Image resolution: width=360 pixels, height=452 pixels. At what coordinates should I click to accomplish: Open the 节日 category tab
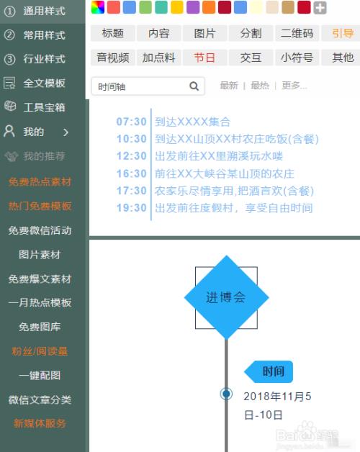204,58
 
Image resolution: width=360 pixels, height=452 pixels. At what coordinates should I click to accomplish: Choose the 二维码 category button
297,33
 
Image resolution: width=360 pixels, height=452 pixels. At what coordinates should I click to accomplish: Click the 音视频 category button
113,58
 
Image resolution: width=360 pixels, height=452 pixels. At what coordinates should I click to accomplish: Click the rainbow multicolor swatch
98,7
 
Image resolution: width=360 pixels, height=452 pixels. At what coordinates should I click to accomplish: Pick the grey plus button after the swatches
320,7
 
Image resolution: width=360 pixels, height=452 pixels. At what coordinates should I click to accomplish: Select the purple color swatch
193,7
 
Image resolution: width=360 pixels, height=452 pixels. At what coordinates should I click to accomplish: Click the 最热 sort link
260,86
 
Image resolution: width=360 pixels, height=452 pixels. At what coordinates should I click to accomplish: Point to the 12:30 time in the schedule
132,156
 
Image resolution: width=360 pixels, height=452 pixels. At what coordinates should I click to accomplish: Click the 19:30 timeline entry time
132,208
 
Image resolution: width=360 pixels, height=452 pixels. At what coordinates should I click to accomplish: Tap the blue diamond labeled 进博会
227,297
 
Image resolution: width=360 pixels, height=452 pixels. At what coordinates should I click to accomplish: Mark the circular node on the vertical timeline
227,394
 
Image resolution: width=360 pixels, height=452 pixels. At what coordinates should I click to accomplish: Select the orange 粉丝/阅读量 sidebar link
40,351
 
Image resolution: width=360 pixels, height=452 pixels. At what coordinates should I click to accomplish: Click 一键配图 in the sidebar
40,375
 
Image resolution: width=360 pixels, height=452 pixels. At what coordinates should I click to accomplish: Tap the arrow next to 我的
66,132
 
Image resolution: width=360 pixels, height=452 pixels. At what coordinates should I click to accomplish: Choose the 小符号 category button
297,58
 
